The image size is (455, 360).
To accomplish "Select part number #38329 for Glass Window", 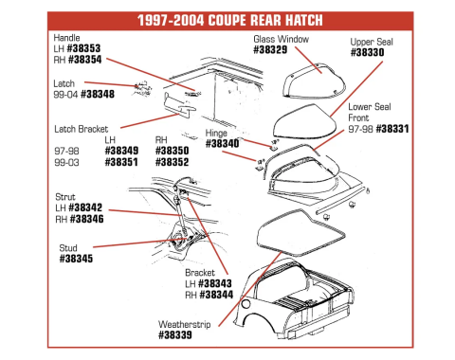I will [x=273, y=50].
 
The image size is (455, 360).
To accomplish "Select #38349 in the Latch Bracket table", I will [x=120, y=150].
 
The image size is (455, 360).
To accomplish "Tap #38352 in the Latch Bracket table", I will [x=172, y=161].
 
